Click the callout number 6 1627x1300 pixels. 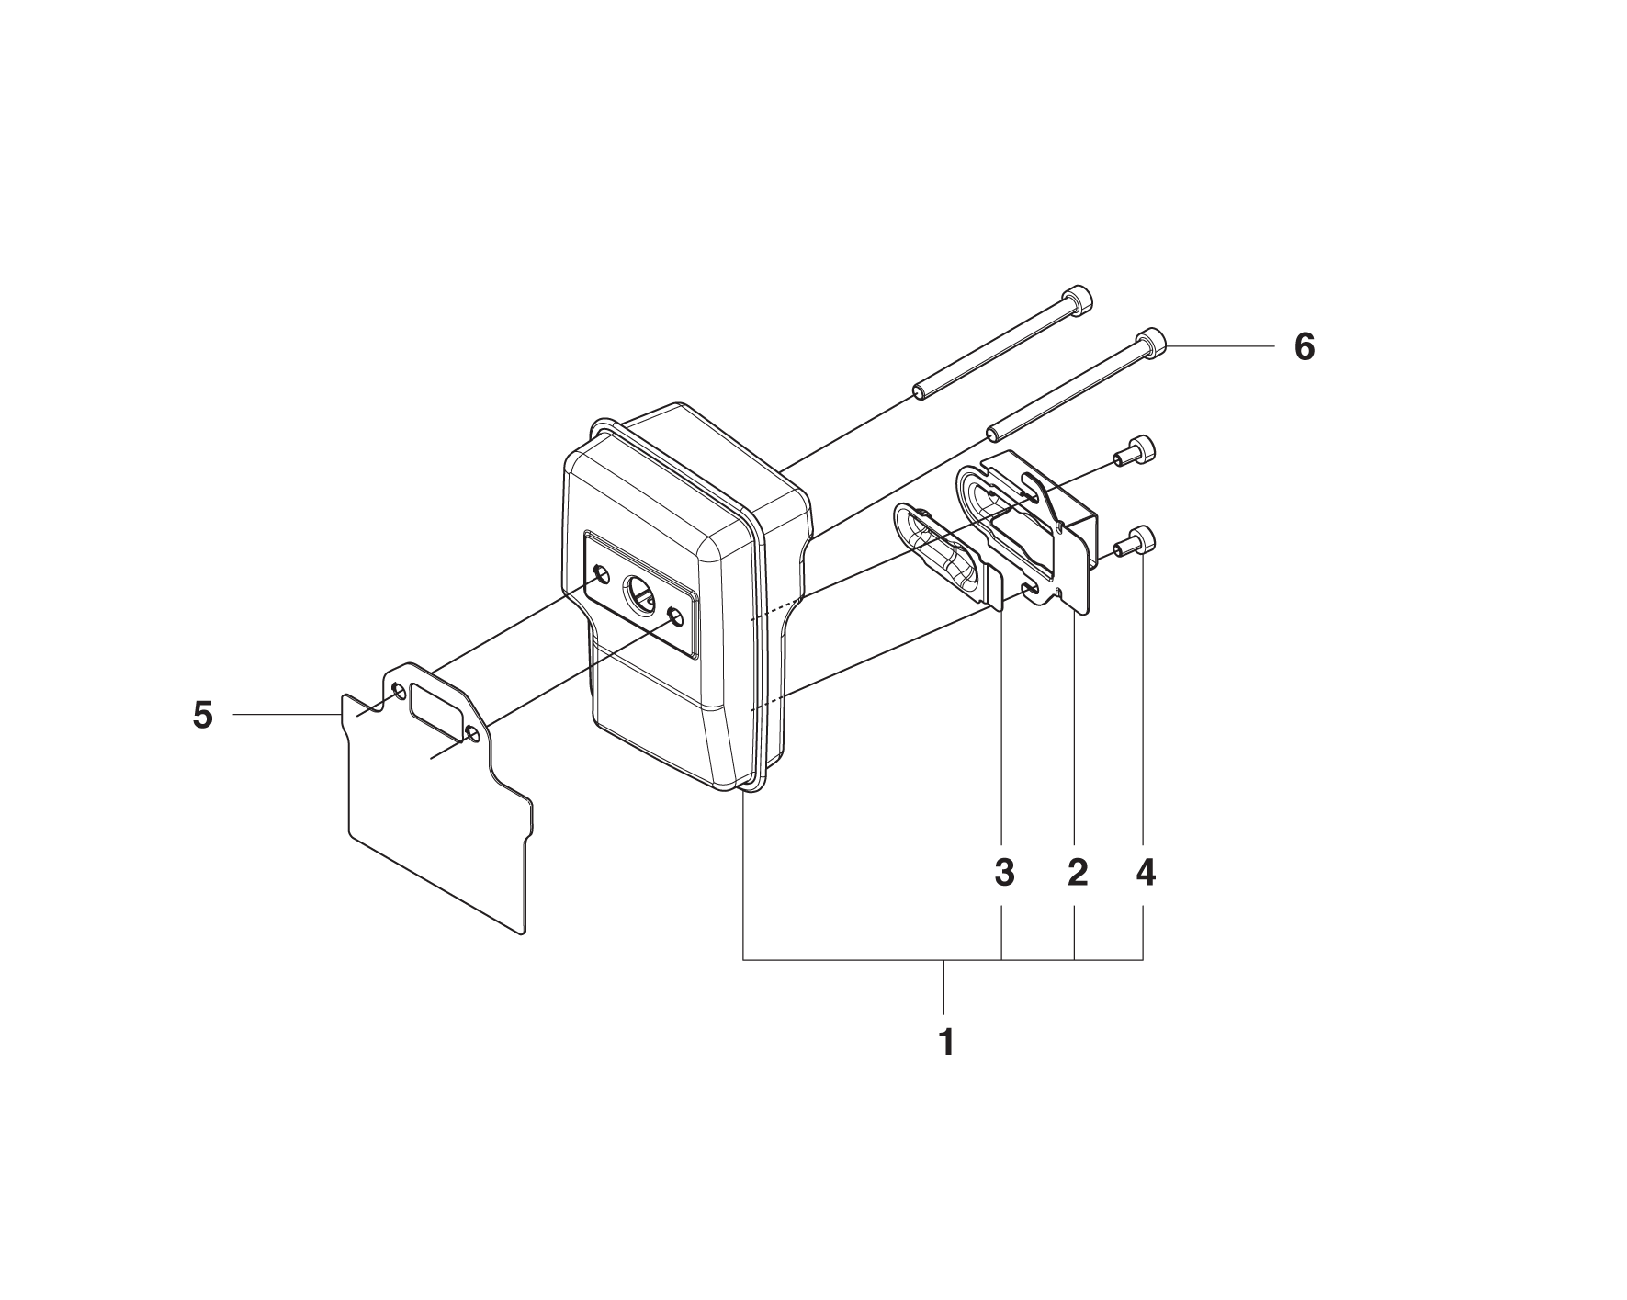[x=1304, y=347]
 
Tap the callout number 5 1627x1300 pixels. [x=203, y=715]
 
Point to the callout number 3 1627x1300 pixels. [x=1004, y=873]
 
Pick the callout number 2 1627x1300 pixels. [x=1078, y=873]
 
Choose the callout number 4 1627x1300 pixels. [x=1145, y=873]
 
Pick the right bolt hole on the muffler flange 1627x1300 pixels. [x=676, y=616]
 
